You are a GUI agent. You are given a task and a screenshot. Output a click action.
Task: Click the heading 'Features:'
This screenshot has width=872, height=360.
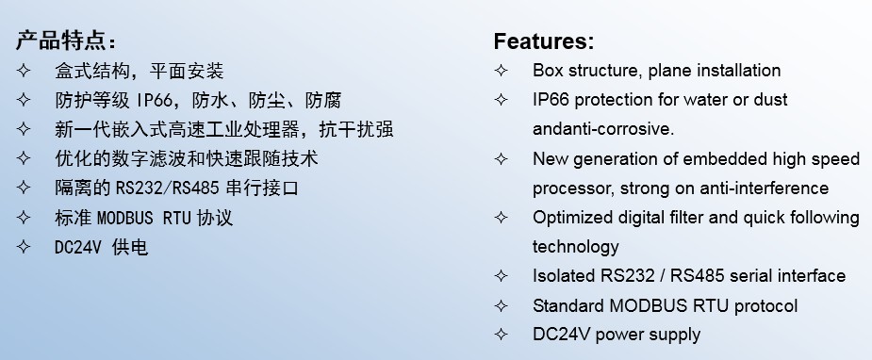[x=543, y=41]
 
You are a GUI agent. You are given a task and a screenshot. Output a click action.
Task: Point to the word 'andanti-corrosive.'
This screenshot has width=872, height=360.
[x=602, y=129]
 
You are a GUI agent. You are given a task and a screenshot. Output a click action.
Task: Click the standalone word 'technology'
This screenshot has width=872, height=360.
[x=576, y=247]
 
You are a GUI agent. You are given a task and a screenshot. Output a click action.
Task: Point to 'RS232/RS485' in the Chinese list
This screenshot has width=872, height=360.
[x=168, y=188]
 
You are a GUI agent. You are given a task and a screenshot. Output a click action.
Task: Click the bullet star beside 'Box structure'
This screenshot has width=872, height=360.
[x=502, y=71]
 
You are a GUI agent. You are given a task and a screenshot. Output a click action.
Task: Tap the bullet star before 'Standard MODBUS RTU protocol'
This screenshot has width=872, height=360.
[x=502, y=305]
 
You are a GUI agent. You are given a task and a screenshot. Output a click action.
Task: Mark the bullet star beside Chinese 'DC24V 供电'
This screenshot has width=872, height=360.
[x=23, y=247]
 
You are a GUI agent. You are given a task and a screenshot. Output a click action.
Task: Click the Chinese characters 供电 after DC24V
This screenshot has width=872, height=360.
[x=129, y=247]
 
